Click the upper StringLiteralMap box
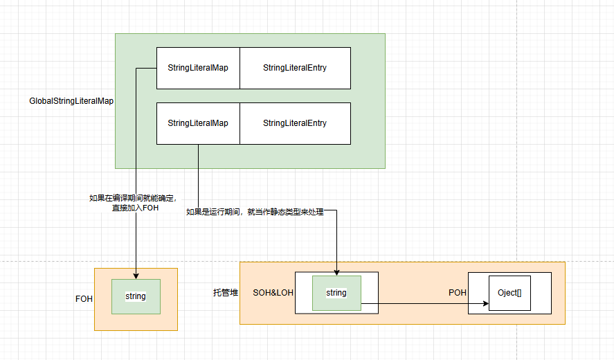pyautogui.click(x=198, y=68)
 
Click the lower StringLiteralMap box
pyautogui.click(x=198, y=123)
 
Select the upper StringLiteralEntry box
pyautogui.click(x=295, y=68)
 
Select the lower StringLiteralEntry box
pyautogui.click(x=295, y=123)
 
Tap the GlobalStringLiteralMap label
pyautogui.click(x=71, y=101)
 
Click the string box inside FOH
pyautogui.click(x=136, y=296)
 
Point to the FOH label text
pyautogui.click(x=84, y=299)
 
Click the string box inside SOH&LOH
pyautogui.click(x=336, y=293)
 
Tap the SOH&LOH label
pyautogui.click(x=273, y=293)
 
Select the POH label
pyautogui.click(x=458, y=293)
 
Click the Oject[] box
pyautogui.click(x=509, y=293)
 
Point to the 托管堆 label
pyautogui.click(x=226, y=293)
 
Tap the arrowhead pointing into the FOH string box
pyautogui.click(x=136, y=276)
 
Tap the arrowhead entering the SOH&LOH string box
pyautogui.click(x=336, y=272)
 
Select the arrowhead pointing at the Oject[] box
pyautogui.click(x=485, y=303)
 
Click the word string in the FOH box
pyautogui.click(x=136, y=296)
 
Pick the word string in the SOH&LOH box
pyautogui.click(x=336, y=293)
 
